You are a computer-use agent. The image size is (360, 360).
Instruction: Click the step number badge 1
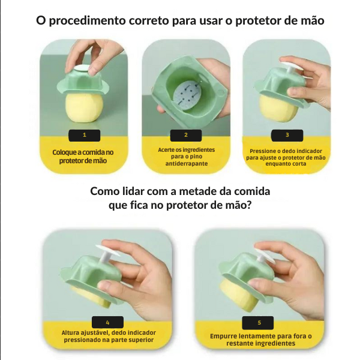tap(84, 135)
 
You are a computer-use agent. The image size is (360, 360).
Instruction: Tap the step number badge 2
tap(186, 135)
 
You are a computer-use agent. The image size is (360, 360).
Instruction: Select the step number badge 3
tap(287, 135)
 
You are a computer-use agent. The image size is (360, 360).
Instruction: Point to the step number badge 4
tap(107, 322)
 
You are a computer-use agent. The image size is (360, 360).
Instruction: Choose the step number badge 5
tap(259, 322)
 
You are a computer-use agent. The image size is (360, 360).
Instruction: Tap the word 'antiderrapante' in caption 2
tap(186, 163)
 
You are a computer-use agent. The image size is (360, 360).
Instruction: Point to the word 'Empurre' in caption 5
tap(225, 337)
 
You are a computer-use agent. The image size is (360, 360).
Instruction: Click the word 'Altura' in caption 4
tap(73, 332)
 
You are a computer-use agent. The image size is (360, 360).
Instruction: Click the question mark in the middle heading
tap(248, 205)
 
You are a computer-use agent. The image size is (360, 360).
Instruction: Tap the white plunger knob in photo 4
tap(109, 251)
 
